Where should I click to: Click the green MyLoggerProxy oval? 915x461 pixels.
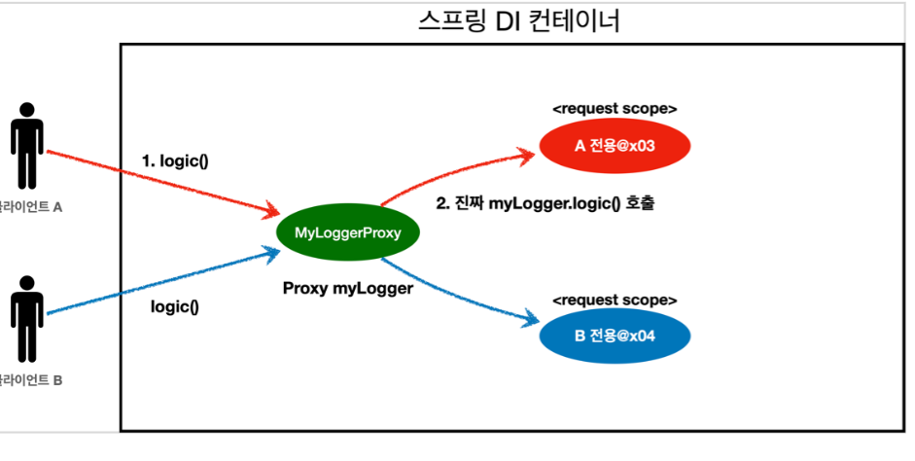click(x=348, y=232)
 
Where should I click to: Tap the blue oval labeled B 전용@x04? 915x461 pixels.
click(x=614, y=337)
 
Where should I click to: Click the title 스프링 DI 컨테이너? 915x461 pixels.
click(x=516, y=20)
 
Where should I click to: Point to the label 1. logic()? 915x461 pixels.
click(x=175, y=160)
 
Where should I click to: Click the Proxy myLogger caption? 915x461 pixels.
click(x=348, y=288)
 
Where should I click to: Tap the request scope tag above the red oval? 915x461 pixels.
click(x=615, y=109)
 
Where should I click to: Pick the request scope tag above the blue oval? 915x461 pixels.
click(x=615, y=300)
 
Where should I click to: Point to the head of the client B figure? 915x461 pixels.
click(x=26, y=284)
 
